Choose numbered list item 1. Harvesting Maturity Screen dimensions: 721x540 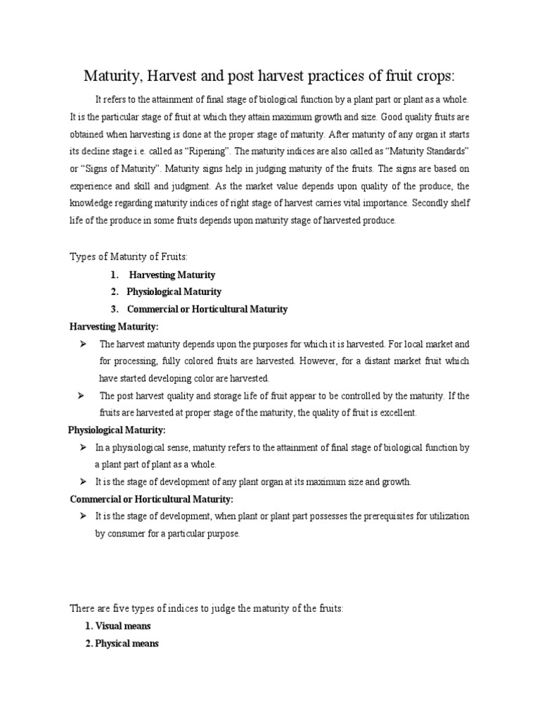163,275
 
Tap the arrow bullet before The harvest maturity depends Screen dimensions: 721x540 83,344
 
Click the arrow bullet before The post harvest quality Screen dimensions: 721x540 83,395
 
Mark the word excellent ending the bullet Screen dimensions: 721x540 398,413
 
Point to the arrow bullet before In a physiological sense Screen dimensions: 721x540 83,447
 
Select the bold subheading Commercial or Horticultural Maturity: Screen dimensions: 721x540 152,499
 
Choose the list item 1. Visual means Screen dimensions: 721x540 117,625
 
